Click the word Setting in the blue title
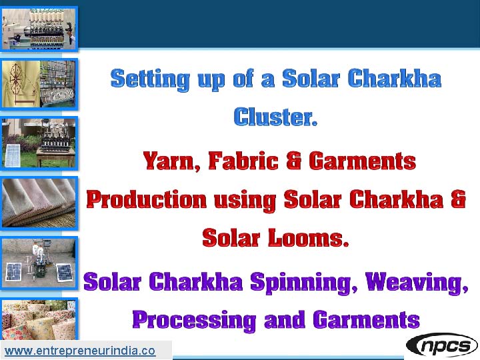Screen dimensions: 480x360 click(150, 79)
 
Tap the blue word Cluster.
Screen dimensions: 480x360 click(275, 117)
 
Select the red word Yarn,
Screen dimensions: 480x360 click(172, 161)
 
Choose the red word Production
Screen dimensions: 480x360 click(147, 200)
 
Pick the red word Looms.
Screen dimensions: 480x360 click(309, 238)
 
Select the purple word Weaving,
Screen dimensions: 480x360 click(417, 282)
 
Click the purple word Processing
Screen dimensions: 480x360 click(195, 320)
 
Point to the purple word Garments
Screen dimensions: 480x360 click(366, 319)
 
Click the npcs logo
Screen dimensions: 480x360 click(442, 345)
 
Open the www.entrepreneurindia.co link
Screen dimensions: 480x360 click(80, 351)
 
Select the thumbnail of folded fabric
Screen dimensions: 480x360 click(39, 203)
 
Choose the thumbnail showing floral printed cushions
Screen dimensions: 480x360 click(39, 319)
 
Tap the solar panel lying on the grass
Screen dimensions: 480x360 click(12, 155)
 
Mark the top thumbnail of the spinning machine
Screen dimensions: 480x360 click(39, 29)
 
